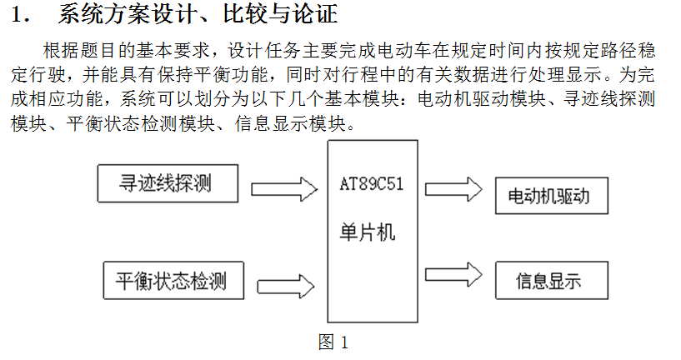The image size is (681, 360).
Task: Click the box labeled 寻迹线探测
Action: click(x=168, y=183)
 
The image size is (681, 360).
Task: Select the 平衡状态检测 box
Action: click(x=173, y=280)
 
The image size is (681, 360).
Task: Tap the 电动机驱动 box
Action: click(x=552, y=195)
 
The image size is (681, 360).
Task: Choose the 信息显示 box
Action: click(x=552, y=280)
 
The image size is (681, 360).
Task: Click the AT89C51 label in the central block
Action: click(x=372, y=183)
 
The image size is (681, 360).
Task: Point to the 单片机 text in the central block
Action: click(x=368, y=232)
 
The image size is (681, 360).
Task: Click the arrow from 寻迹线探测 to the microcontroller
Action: click(x=284, y=189)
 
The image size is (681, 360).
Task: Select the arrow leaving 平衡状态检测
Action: click(x=286, y=286)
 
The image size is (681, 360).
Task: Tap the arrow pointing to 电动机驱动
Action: click(x=453, y=189)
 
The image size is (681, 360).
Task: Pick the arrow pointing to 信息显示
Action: click(x=453, y=274)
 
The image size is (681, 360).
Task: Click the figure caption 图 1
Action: click(x=333, y=342)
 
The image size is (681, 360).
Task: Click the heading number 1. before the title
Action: click(x=20, y=14)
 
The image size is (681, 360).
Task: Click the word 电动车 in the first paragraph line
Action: click(x=405, y=51)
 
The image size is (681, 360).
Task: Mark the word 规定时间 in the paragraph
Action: click(x=488, y=51)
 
